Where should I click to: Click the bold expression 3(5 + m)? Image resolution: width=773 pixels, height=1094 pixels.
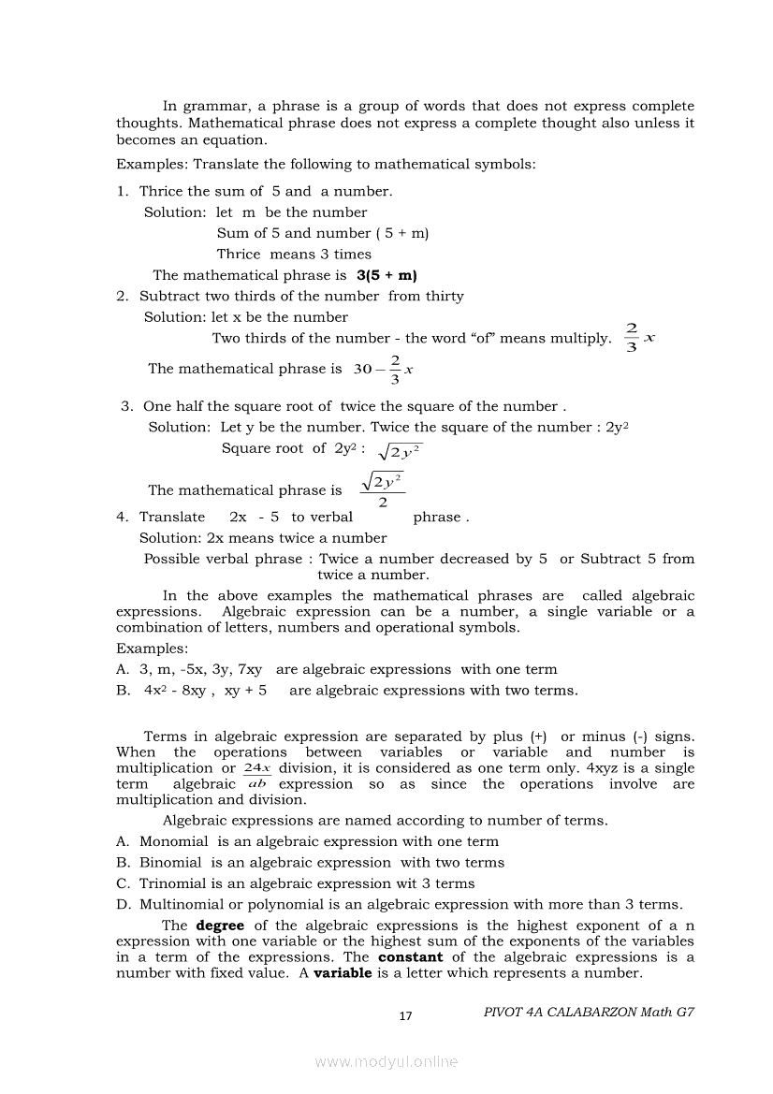pos(386,275)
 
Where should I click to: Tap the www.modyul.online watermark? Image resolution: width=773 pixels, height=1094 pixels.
pos(386,1062)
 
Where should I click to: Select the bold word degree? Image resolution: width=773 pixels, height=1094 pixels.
pos(220,926)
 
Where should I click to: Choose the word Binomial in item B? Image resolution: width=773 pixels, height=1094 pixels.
pos(170,863)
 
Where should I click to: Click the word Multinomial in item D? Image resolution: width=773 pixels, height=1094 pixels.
pos(182,904)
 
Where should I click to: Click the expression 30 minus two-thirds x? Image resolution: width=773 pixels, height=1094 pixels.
pos(384,369)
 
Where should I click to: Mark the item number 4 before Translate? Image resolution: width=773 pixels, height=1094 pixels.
pos(121,517)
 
